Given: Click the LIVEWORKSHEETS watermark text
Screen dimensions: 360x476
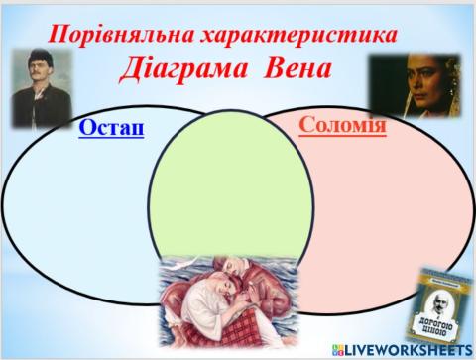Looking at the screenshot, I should [x=412, y=350].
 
